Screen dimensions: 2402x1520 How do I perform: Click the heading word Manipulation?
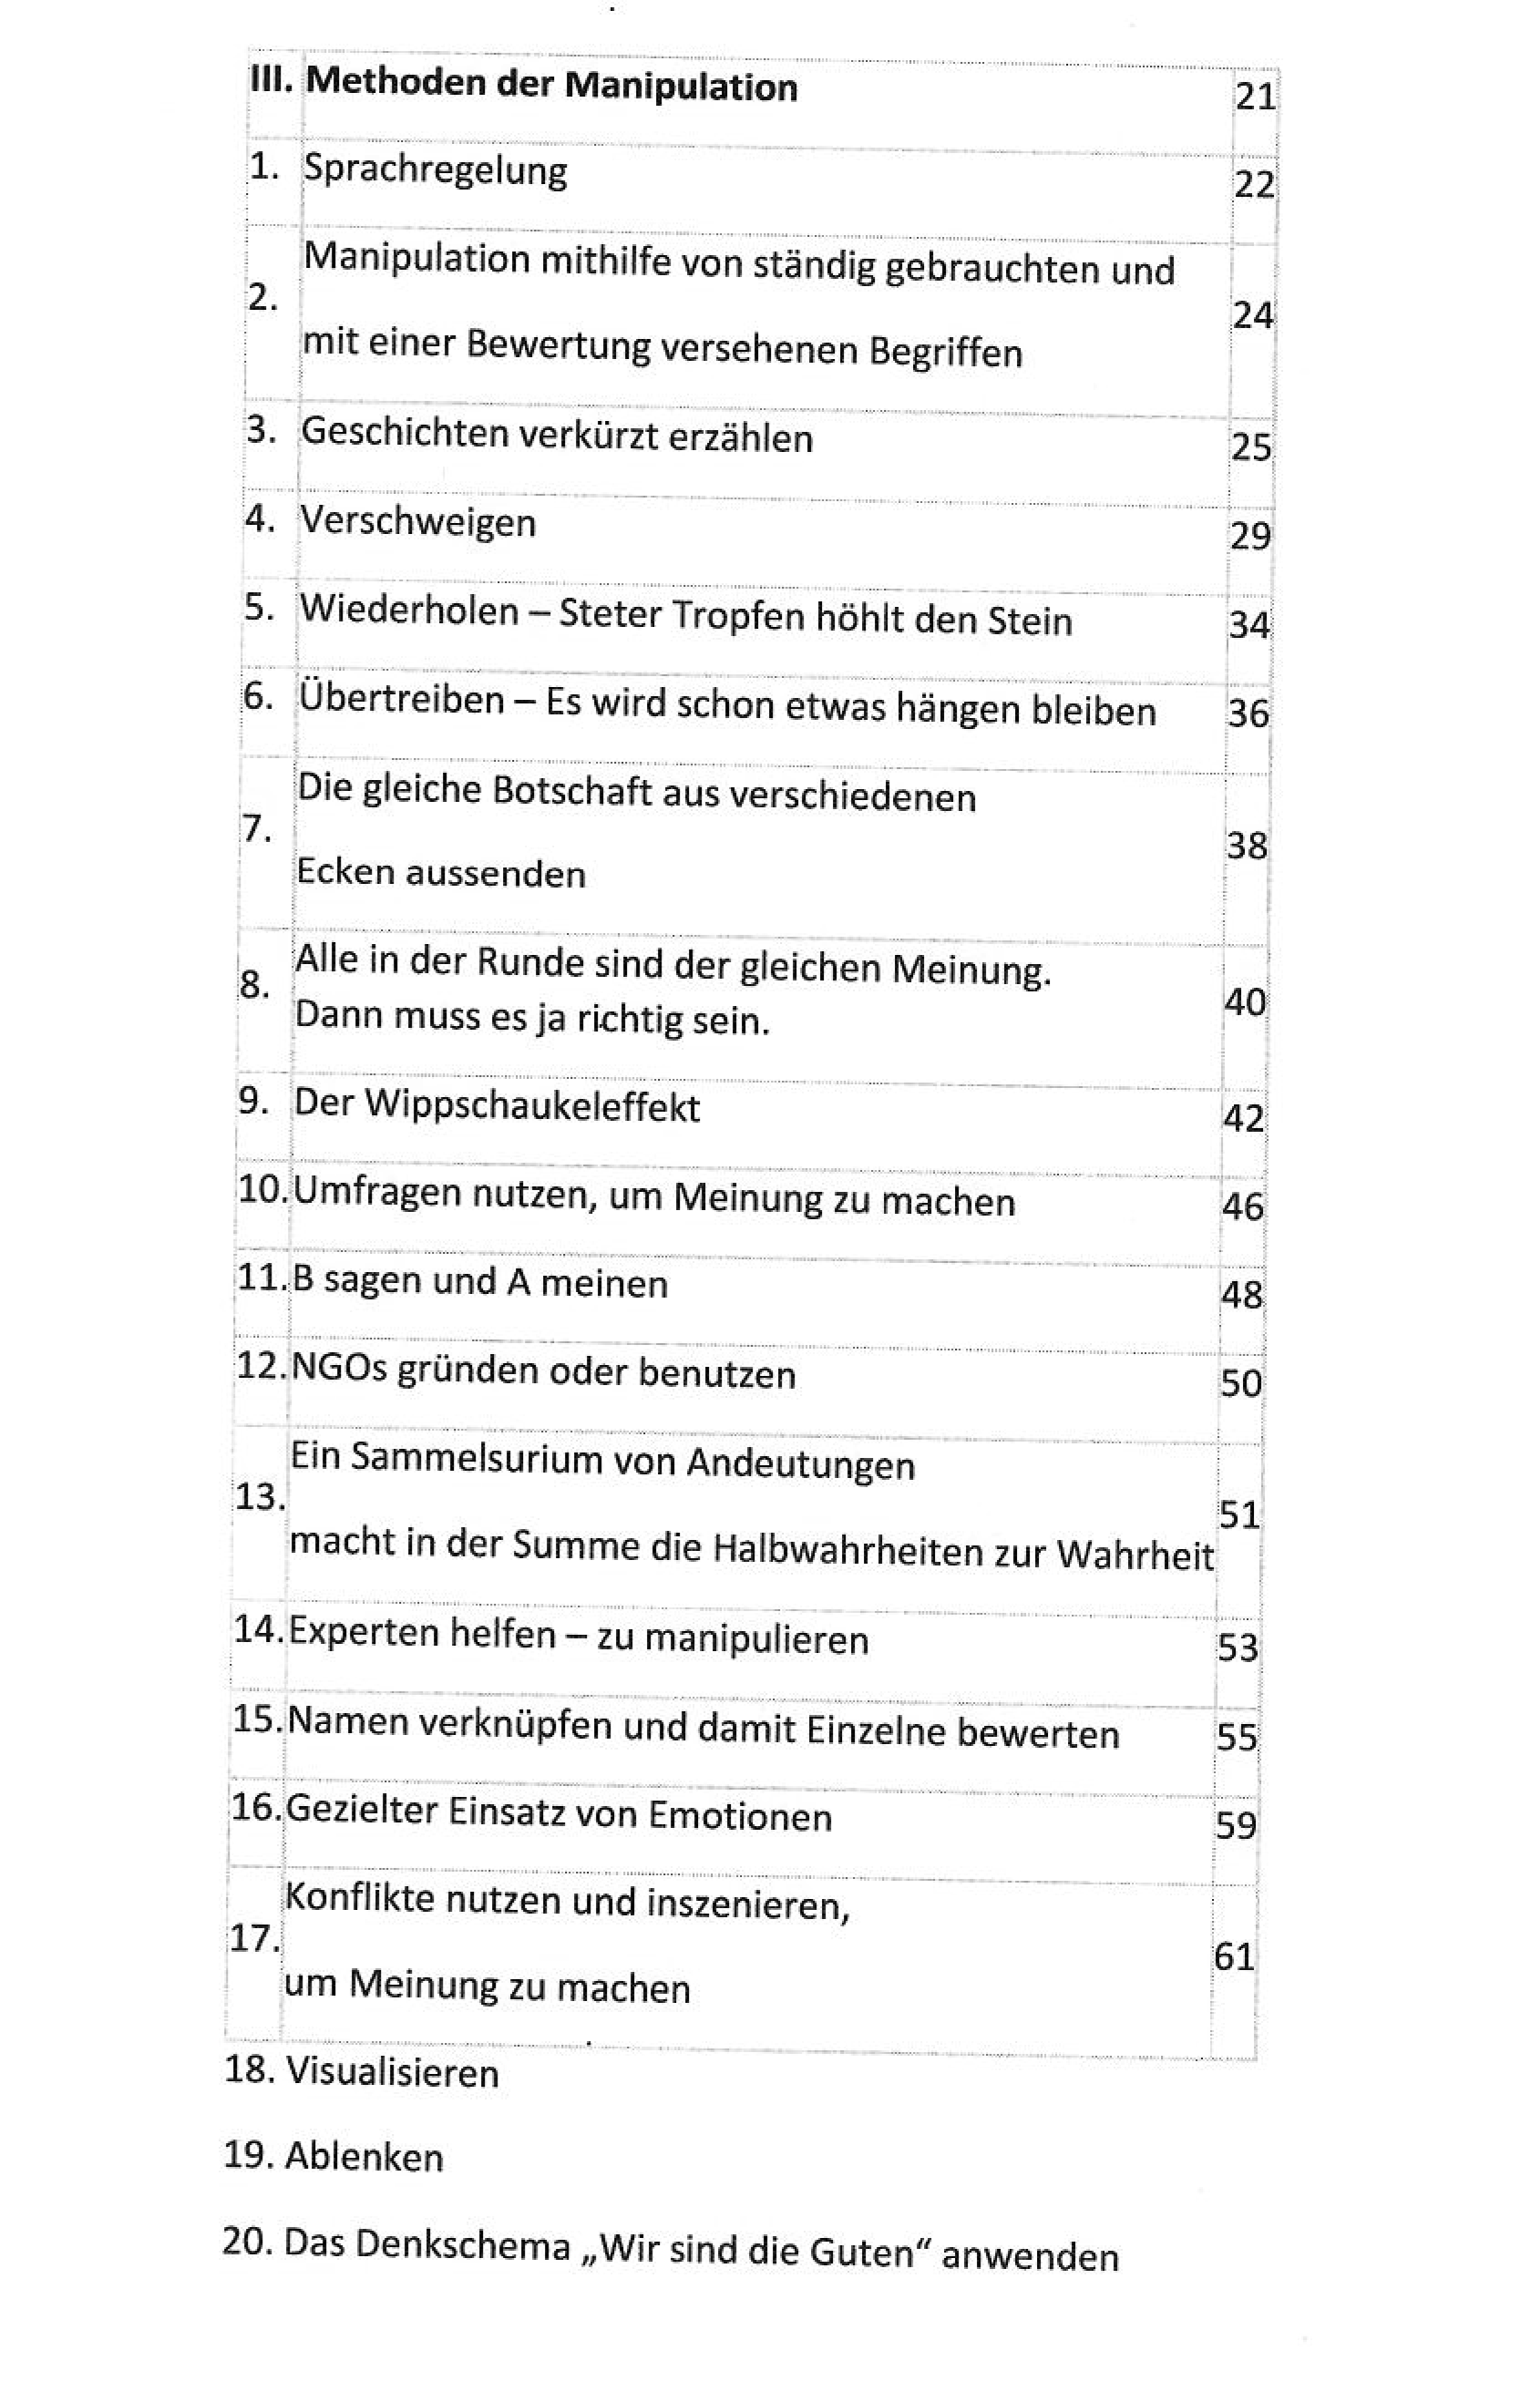click(x=682, y=87)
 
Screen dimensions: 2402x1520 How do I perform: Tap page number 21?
click(x=1255, y=97)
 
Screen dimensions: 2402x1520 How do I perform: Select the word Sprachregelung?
click(x=435, y=169)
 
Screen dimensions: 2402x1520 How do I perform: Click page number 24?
click(x=1253, y=315)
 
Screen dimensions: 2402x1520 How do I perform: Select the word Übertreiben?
click(x=402, y=699)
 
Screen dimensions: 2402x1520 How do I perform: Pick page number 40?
click(x=1245, y=1001)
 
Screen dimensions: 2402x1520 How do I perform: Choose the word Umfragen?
click(x=377, y=1193)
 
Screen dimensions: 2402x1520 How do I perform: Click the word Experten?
click(x=363, y=1633)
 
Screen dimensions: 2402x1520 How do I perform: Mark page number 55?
click(x=1237, y=1737)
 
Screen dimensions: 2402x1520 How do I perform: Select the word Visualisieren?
click(x=392, y=2073)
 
